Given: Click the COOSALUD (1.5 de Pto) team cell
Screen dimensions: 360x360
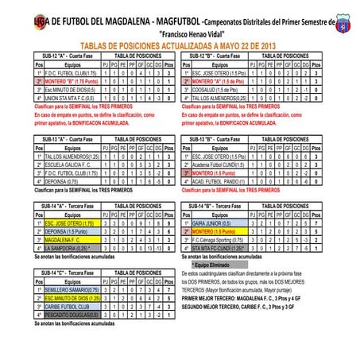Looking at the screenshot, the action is tap(219, 88).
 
